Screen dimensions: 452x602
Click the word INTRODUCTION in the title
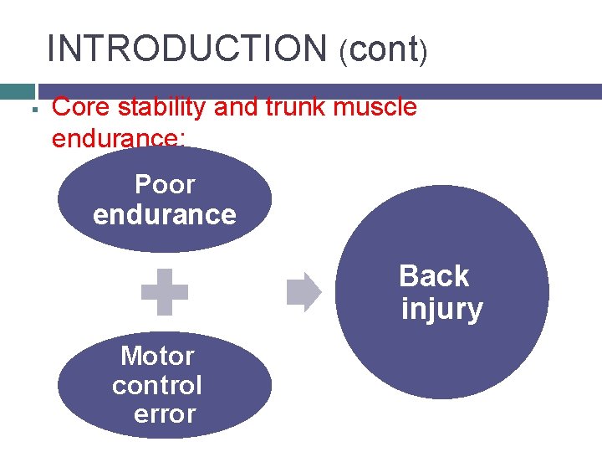[188, 49]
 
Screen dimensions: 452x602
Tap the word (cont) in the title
[384, 50]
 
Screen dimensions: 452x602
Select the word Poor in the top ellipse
[165, 184]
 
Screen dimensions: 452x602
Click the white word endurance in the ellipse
[165, 214]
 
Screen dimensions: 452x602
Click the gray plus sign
[165, 291]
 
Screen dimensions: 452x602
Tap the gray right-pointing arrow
[304, 292]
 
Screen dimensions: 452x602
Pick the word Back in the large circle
[434, 276]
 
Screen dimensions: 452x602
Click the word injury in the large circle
[442, 309]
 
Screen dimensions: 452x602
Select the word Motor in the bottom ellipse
[157, 356]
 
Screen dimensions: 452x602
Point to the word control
[157, 385]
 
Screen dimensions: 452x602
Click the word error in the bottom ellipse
[165, 413]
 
